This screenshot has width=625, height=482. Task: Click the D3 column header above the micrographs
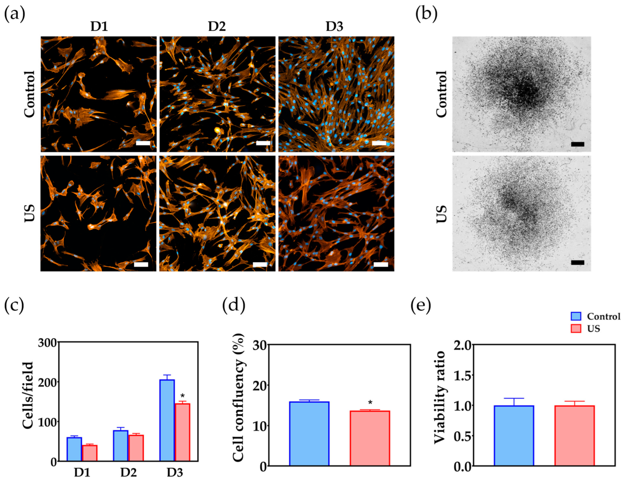point(334,27)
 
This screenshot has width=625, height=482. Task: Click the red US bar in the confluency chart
point(370,438)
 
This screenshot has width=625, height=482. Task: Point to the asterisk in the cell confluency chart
point(370,403)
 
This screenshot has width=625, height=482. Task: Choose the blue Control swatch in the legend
point(576,316)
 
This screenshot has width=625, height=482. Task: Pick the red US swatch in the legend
point(576,329)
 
